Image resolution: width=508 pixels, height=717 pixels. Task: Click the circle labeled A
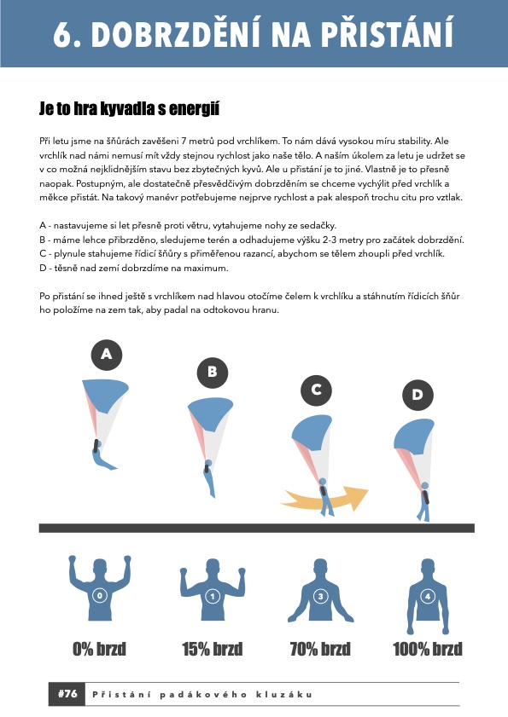pyautogui.click(x=106, y=355)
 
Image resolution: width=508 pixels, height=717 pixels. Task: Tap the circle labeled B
pyautogui.click(x=213, y=372)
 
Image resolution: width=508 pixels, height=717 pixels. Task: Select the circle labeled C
pyautogui.click(x=316, y=390)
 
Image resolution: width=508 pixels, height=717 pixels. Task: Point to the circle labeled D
pyautogui.click(x=417, y=395)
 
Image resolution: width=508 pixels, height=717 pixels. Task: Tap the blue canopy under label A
pyautogui.click(x=106, y=394)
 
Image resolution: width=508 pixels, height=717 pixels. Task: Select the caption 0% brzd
pyautogui.click(x=99, y=649)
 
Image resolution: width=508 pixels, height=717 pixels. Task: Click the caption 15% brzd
pyautogui.click(x=212, y=649)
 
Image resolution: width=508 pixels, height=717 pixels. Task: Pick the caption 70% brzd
pyautogui.click(x=320, y=649)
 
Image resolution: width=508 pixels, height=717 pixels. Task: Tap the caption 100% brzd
pyautogui.click(x=428, y=649)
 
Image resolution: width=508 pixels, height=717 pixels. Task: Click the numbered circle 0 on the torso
pyautogui.click(x=99, y=595)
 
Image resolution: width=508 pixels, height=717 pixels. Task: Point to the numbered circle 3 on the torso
pyautogui.click(x=320, y=596)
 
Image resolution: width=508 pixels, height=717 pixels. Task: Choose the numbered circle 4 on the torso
pyautogui.click(x=428, y=596)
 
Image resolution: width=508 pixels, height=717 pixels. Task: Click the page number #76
pyautogui.click(x=67, y=694)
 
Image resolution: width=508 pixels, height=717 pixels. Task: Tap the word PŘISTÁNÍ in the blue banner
pyautogui.click(x=388, y=33)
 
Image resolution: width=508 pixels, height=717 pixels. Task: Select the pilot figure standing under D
pyautogui.click(x=424, y=501)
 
